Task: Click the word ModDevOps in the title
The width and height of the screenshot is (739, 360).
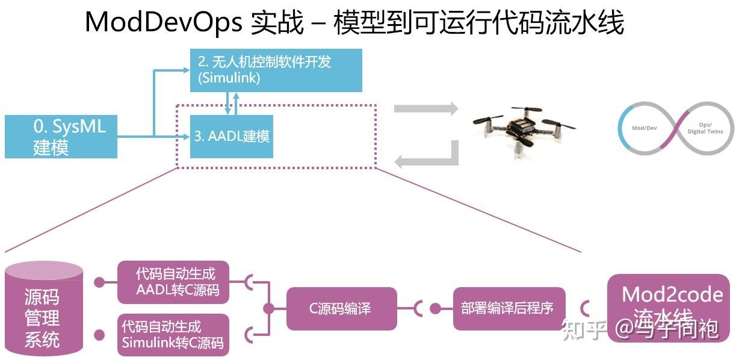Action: pos(163,23)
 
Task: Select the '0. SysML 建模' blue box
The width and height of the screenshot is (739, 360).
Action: pos(61,137)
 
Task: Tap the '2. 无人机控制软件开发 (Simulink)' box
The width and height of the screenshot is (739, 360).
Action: pos(276,70)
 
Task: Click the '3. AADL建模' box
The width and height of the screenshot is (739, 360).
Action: pos(232,137)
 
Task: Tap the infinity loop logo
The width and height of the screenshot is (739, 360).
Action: pos(676,128)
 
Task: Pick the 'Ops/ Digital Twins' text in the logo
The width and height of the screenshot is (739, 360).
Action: pos(705,128)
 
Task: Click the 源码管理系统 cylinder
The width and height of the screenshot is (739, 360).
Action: pos(43,310)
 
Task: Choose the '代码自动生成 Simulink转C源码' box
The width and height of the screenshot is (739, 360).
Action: pos(173,335)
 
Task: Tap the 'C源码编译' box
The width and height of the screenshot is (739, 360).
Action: pos(341,309)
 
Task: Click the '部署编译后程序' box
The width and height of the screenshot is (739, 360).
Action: pos(507,309)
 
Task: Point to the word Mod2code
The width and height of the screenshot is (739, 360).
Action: pos(672,294)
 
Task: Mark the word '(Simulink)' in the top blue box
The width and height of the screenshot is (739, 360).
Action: pos(229,78)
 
